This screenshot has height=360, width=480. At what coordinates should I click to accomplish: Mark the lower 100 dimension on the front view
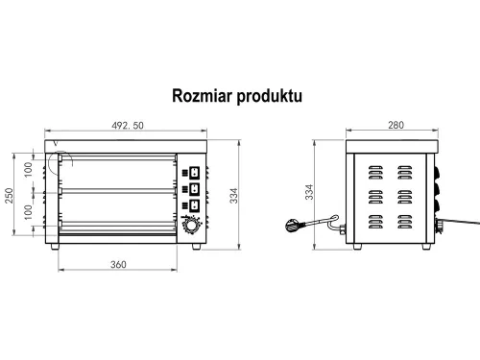coord(28,212)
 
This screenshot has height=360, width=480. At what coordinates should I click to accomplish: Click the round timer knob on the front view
coord(193,228)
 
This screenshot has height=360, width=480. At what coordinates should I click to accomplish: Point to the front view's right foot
coord(196,247)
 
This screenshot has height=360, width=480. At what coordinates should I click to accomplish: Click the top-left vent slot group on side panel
coord(375,174)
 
